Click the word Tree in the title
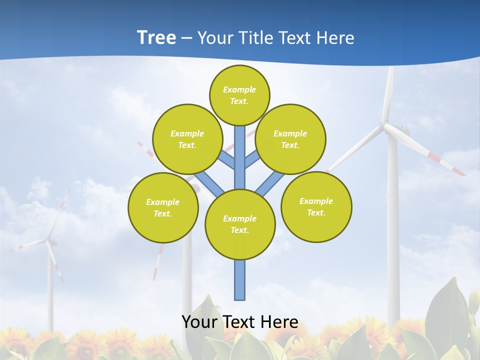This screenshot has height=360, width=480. pyautogui.click(x=156, y=38)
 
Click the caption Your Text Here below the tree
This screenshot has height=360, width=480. pyautogui.click(x=240, y=322)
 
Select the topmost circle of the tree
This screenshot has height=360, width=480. pyautogui.click(x=239, y=95)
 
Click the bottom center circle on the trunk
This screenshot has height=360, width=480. pyautogui.click(x=240, y=224)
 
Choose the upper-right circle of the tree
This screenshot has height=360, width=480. pyautogui.click(x=290, y=139)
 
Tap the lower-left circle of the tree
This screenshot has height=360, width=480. pyautogui.click(x=163, y=207)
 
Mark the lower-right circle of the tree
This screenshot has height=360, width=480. pyautogui.click(x=316, y=206)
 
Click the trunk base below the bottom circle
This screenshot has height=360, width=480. pyautogui.click(x=240, y=280)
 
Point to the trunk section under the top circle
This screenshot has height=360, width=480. pyautogui.click(x=240, y=150)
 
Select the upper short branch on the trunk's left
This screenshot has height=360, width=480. pyautogui.click(x=226, y=159)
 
